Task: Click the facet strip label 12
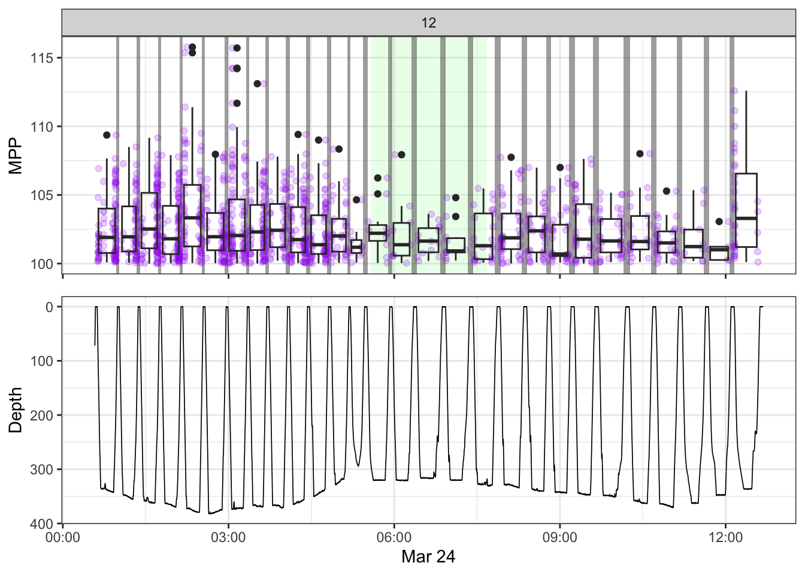[428, 23]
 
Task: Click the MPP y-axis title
[16, 156]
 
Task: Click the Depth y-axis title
[16, 410]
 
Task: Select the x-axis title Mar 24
[428, 557]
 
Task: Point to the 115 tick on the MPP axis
[43, 58]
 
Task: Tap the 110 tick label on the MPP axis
[43, 127]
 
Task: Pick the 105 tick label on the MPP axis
[43, 195]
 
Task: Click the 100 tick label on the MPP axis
[43, 264]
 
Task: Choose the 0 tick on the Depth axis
[50, 307]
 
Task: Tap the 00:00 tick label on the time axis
[63, 538]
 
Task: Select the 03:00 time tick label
[228, 538]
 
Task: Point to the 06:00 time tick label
[394, 538]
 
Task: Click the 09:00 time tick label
[559, 538]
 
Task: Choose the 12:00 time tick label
[725, 538]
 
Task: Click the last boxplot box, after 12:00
[746, 210]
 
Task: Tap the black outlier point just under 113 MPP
[258, 84]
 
